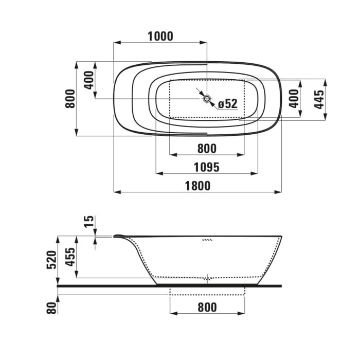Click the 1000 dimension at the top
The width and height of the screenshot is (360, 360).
[x=160, y=37]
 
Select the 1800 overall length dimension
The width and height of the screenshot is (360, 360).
[x=197, y=186]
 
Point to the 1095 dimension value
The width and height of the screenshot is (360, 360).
[x=206, y=167]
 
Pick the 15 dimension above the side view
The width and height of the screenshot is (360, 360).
[x=89, y=222]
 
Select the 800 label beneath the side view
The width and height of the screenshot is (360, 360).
[x=206, y=308]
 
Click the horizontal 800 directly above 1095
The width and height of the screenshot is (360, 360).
[x=206, y=149]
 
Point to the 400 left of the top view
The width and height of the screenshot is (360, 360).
[x=89, y=81]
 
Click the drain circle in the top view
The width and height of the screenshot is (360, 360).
[x=207, y=98]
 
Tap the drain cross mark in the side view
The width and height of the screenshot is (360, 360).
[x=208, y=278]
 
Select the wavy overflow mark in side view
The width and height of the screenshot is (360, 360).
[x=207, y=240]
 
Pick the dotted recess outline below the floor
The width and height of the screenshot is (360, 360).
[x=208, y=295]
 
